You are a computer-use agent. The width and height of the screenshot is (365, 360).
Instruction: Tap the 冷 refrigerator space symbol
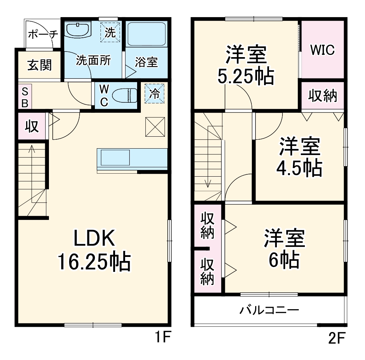tap(154, 93)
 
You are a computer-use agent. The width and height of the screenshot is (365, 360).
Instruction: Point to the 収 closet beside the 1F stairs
tap(32, 127)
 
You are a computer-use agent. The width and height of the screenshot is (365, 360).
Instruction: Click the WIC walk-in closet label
tap(322, 50)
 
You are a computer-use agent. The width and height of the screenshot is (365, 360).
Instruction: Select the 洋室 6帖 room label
tap(284, 248)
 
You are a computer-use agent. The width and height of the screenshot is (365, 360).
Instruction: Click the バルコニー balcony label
tap(269, 310)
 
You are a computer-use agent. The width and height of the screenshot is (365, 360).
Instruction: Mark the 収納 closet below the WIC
tap(322, 96)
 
